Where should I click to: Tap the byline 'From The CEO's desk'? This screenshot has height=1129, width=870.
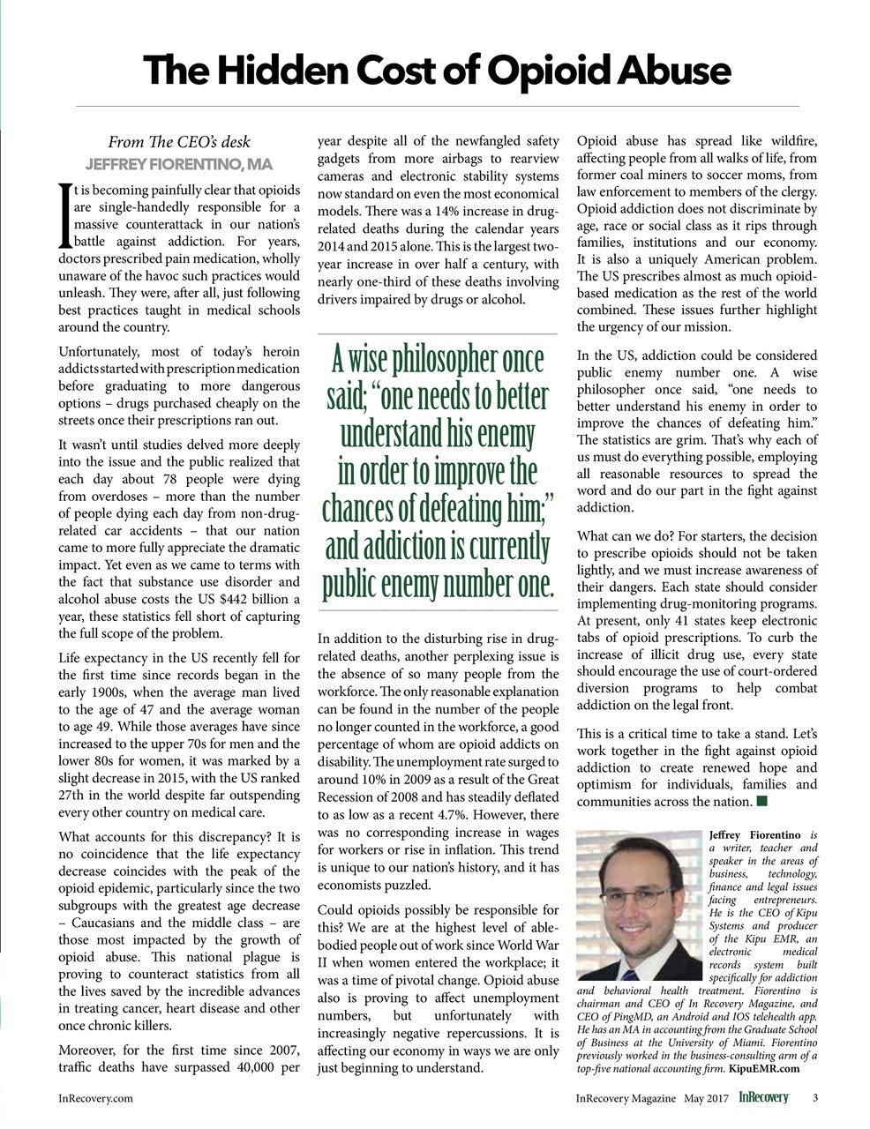point(179,142)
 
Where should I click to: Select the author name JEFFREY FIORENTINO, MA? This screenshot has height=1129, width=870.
point(179,165)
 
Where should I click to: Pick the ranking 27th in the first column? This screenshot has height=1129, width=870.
point(73,795)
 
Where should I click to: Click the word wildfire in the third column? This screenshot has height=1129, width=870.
point(788,141)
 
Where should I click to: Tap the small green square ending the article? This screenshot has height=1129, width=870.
point(762,801)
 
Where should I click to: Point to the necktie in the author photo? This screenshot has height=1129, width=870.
point(629,976)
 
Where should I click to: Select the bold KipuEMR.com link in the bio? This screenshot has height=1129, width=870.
point(764,1069)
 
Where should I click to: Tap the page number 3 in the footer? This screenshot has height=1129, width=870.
point(814,1098)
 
